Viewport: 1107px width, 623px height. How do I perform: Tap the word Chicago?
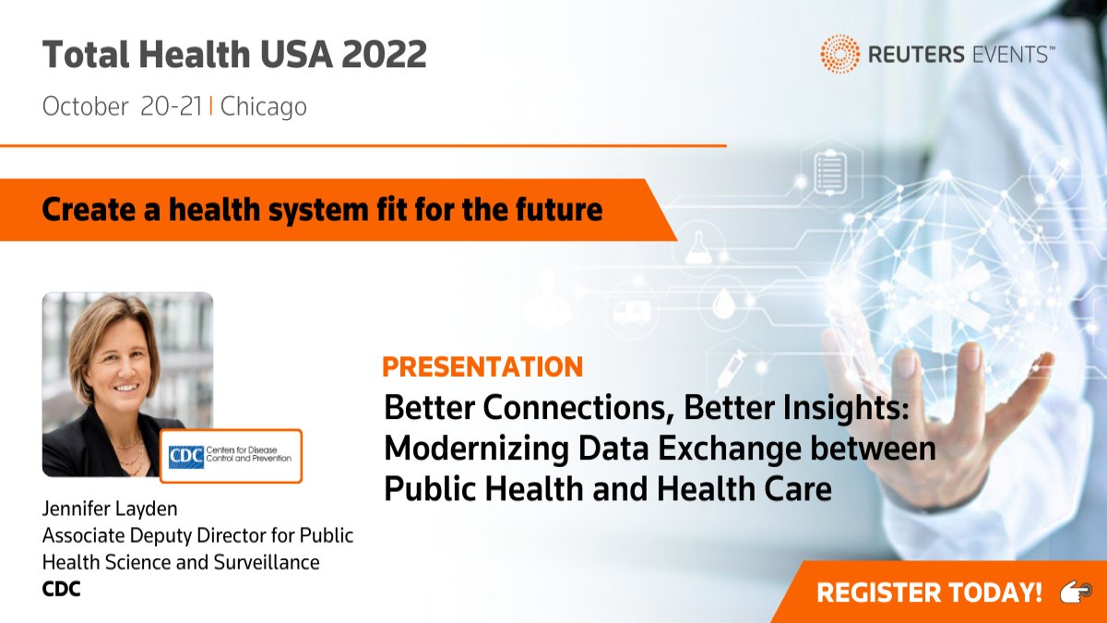[264, 107]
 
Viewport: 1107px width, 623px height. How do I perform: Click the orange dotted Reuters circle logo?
[839, 54]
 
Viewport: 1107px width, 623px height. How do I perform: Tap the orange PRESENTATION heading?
[482, 366]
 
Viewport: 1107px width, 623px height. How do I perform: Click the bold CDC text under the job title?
[62, 588]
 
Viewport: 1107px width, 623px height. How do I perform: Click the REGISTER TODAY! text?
[929, 593]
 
